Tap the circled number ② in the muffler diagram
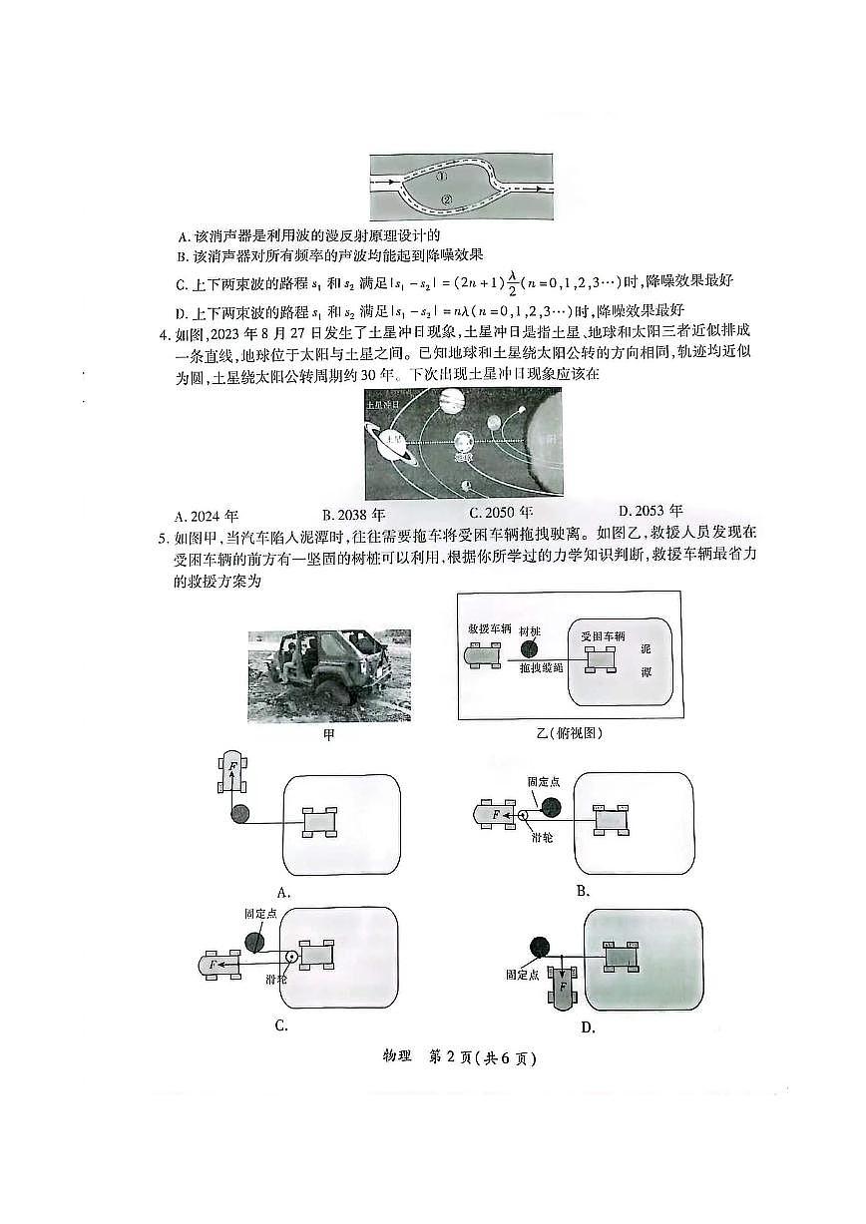pyautogui.click(x=446, y=199)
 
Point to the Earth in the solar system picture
pyautogui.click(x=464, y=444)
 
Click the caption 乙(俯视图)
pyautogui.click(x=568, y=733)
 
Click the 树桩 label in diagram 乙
pyautogui.click(x=530, y=631)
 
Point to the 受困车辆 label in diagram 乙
pyautogui.click(x=603, y=634)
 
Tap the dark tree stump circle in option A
pyautogui.click(x=239, y=814)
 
